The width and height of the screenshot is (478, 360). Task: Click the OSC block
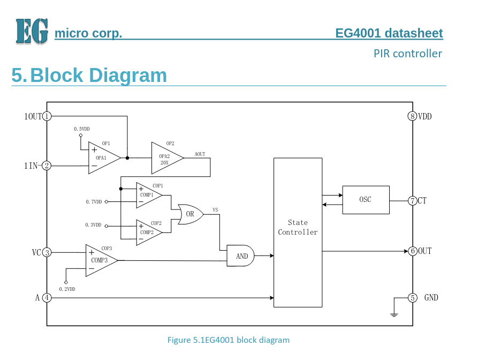point(366,200)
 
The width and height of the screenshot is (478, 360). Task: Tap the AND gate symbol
point(241,256)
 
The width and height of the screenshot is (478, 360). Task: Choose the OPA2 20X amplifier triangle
point(166,158)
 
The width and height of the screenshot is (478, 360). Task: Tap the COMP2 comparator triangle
point(147,232)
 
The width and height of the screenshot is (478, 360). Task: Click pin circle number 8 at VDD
point(412,116)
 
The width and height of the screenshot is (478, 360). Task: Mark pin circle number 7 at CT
point(412,201)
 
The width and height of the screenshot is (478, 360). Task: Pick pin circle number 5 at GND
point(412,298)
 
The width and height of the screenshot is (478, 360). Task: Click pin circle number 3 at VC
point(47,252)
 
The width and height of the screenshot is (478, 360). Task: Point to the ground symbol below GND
point(394,313)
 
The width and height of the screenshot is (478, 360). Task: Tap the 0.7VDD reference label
point(94,202)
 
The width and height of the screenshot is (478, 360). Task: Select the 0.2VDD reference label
point(67,289)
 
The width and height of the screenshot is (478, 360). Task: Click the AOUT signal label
point(200,154)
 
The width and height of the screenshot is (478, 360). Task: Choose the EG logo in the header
point(32,31)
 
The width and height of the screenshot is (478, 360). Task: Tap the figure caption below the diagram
point(229,340)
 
